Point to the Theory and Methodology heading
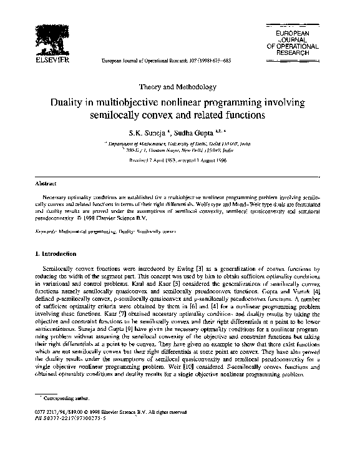[179, 87]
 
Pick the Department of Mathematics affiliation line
[180, 144]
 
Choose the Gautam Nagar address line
[180, 152]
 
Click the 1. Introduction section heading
[55, 254]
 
